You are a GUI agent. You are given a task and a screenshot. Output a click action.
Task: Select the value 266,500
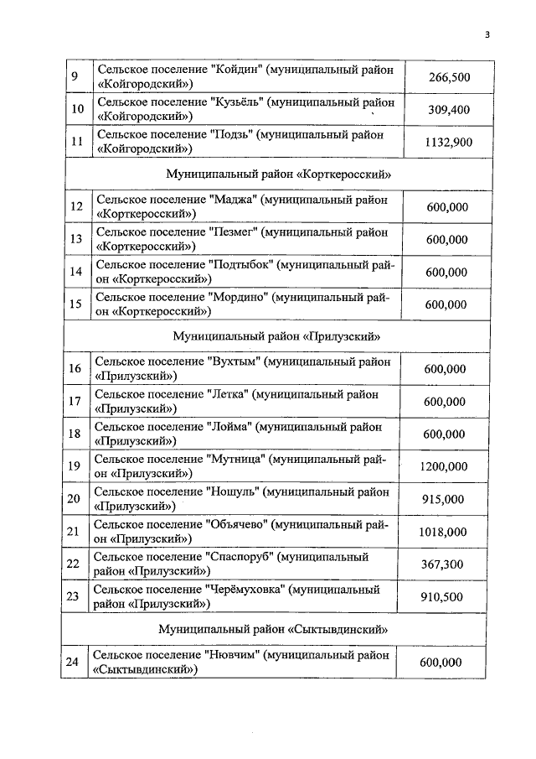click(x=449, y=77)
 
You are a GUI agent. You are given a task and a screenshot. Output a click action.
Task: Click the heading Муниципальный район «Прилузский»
click(x=276, y=336)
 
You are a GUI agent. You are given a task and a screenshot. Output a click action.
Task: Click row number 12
click(x=76, y=207)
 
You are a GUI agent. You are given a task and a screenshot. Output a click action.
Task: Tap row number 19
click(x=74, y=466)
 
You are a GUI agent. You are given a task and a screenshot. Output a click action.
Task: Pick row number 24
click(x=73, y=662)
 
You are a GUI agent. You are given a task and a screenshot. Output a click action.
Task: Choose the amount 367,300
click(x=442, y=564)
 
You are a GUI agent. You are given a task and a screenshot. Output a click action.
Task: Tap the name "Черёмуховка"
click(x=245, y=590)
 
